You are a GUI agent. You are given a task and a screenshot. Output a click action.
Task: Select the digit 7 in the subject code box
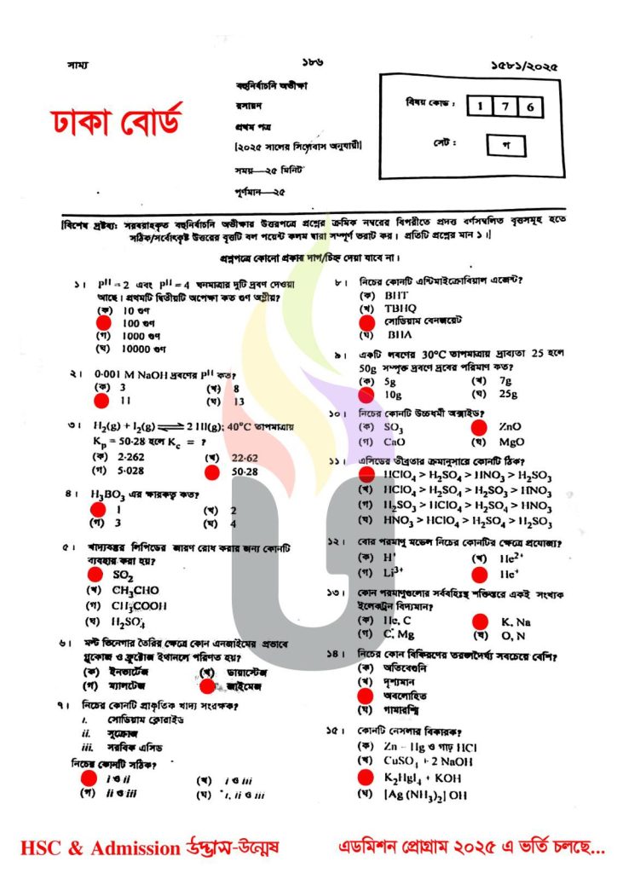click(505, 107)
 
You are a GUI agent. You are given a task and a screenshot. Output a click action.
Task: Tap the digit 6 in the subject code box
click(530, 107)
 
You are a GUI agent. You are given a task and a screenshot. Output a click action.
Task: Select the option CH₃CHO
click(135, 591)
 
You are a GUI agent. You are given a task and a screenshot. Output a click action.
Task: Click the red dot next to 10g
click(367, 395)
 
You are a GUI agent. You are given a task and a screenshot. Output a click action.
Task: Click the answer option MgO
click(511, 442)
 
